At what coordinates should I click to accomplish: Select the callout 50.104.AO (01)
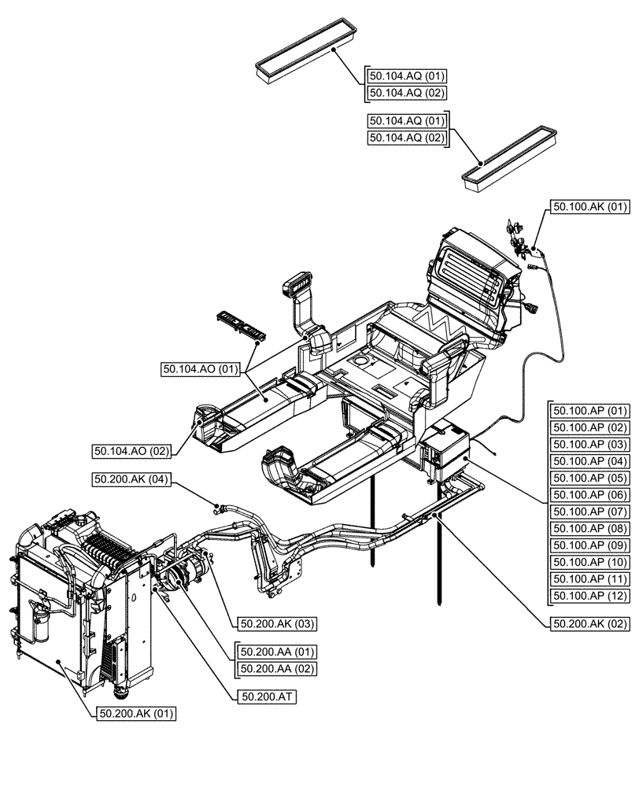pyautogui.click(x=199, y=368)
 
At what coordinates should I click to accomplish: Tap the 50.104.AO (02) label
pyautogui.click(x=131, y=451)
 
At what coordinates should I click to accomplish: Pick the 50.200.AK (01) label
pyautogui.click(x=136, y=714)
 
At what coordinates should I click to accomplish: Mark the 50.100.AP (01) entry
pyautogui.click(x=590, y=411)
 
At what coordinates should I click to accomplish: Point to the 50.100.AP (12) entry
pyautogui.click(x=590, y=595)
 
